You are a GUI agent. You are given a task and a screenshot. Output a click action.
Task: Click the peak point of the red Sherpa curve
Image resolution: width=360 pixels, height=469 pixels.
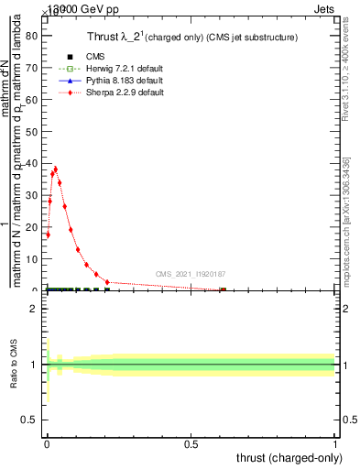[x=56, y=169]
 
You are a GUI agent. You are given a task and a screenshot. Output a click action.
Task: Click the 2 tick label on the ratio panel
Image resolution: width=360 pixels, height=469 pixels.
[x=34, y=310]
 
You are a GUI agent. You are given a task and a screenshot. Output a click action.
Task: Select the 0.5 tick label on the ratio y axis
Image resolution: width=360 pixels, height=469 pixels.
[x=30, y=420]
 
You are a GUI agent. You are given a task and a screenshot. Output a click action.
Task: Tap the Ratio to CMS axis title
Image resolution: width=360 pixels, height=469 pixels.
[x=14, y=365]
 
